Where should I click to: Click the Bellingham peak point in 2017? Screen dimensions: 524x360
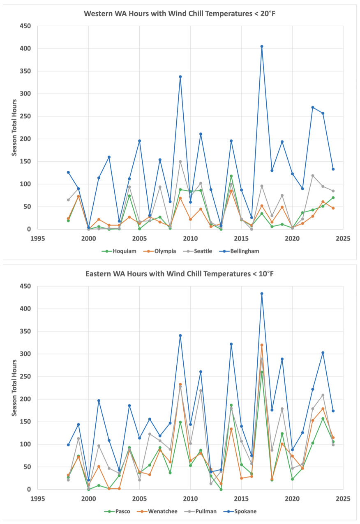point(262,46)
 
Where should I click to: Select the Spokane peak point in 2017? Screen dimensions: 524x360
point(262,294)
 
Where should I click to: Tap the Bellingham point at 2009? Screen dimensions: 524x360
point(180,76)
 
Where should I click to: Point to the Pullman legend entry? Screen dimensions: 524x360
point(204,511)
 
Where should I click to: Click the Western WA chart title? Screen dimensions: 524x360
point(180,13)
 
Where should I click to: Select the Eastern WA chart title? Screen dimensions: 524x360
point(180,273)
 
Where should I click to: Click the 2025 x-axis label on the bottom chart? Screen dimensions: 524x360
point(343,499)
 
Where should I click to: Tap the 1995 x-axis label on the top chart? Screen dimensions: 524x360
point(37,238)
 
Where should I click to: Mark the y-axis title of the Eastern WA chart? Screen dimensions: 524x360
point(14,388)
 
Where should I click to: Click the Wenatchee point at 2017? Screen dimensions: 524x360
point(262,345)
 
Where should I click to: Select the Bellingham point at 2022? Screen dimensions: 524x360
point(313,107)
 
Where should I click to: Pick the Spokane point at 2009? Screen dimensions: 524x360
point(180,336)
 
